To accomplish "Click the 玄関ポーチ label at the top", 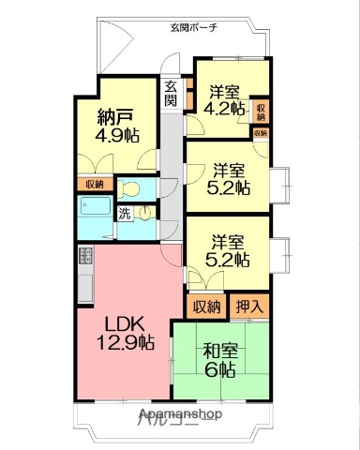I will pyautogui.click(x=193, y=28).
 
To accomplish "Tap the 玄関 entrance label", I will pyautogui.click(x=171, y=94).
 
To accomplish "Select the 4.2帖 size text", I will pyautogui.click(x=225, y=108).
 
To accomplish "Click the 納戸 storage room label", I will pyautogui.click(x=117, y=117).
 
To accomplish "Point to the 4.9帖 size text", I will pyautogui.click(x=117, y=135).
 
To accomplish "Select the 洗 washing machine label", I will pyautogui.click(x=124, y=214).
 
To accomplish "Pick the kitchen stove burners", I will pyautogui.click(x=84, y=257).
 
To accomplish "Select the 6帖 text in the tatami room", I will pyautogui.click(x=221, y=370).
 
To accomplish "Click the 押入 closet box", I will pyautogui.click(x=248, y=306).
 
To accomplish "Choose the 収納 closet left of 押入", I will pyautogui.click(x=207, y=306).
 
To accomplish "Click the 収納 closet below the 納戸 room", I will pyautogui.click(x=94, y=184).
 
